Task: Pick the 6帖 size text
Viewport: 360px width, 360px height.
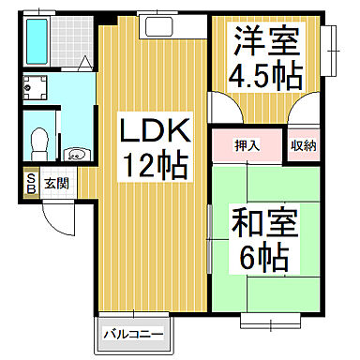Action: pos(264,255)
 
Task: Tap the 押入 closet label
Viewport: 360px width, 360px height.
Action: pos(246,145)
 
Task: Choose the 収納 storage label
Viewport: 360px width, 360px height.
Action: pos(302,145)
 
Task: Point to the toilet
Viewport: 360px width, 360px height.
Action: pos(39,141)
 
